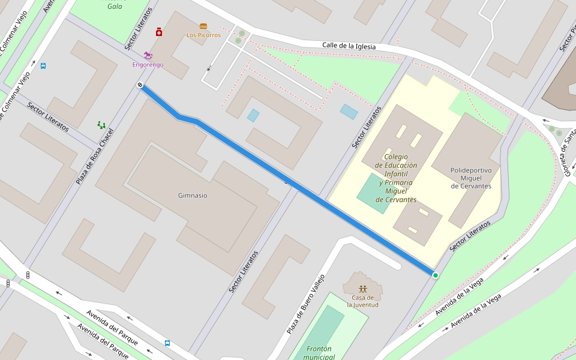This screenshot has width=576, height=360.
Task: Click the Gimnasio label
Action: click(x=193, y=196)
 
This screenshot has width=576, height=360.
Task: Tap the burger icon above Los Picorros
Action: click(x=203, y=26)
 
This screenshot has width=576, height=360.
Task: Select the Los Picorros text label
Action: click(x=203, y=35)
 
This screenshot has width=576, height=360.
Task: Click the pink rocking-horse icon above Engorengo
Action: click(x=148, y=55)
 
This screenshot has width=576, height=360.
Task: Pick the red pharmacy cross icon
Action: click(x=159, y=32)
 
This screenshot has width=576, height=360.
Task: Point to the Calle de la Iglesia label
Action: click(x=349, y=46)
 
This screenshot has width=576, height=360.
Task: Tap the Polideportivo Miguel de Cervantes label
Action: click(x=471, y=178)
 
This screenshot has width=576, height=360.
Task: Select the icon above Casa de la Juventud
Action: click(x=362, y=289)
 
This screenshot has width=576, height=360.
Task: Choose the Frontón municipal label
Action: click(x=319, y=353)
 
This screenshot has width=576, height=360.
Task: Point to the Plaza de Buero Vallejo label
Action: click(x=305, y=304)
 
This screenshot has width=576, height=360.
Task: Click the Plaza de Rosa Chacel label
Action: click(x=94, y=156)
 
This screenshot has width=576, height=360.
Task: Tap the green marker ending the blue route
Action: click(x=435, y=275)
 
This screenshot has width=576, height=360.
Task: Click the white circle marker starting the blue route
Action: click(x=140, y=85)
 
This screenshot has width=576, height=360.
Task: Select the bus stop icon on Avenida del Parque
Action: click(x=167, y=343)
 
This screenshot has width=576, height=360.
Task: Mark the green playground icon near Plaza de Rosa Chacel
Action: click(x=101, y=125)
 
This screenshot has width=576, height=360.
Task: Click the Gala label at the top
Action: click(x=115, y=7)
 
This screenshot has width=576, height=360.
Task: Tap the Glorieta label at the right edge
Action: click(x=567, y=157)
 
